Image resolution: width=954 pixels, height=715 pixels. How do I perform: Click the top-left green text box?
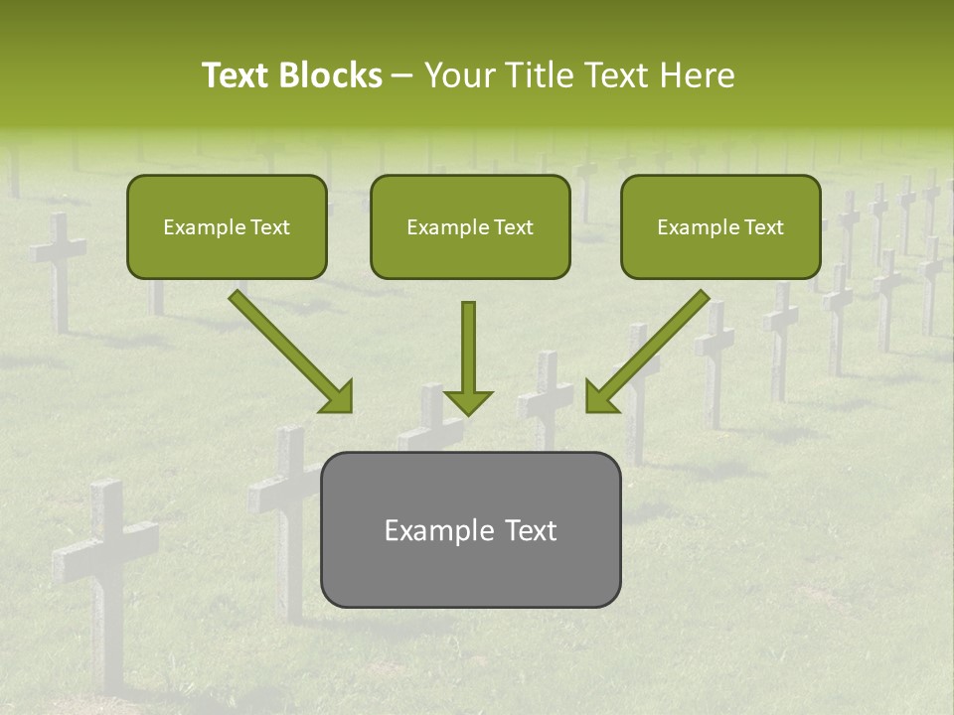coord(227,226)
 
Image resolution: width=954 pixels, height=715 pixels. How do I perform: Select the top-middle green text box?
coord(470,226)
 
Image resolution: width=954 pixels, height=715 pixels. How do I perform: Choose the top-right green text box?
coord(720,226)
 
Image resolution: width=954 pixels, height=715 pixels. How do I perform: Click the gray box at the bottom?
coord(470,529)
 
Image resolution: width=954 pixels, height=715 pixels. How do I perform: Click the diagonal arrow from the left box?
coord(288,350)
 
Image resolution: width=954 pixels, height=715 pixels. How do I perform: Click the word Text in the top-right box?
coord(764,227)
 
